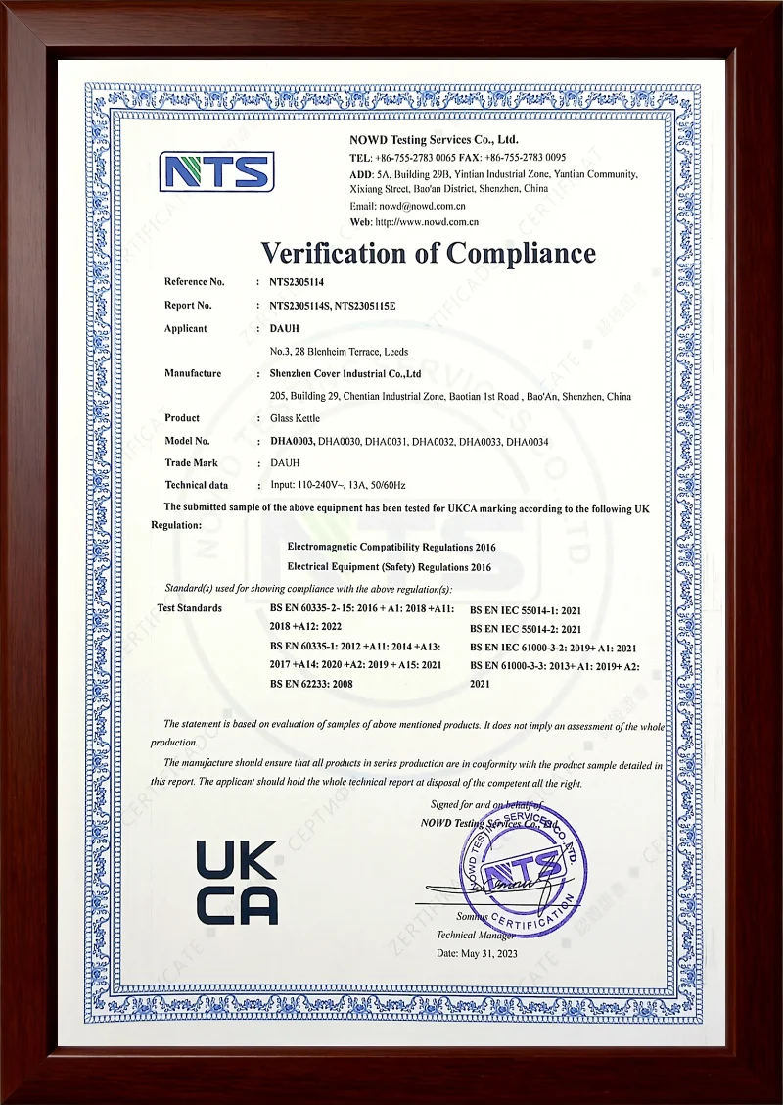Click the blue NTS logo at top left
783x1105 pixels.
pyautogui.click(x=216, y=171)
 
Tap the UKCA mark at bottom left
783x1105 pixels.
pyautogui.click(x=237, y=882)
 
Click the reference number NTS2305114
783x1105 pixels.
pyautogui.click(x=297, y=282)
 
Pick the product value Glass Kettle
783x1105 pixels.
pyautogui.click(x=297, y=418)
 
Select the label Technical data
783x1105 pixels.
pyautogui.click(x=197, y=485)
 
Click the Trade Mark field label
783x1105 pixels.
pyautogui.click(x=192, y=462)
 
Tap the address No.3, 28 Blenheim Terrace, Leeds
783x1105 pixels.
pyautogui.click(x=339, y=351)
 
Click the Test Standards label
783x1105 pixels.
pyautogui.click(x=190, y=608)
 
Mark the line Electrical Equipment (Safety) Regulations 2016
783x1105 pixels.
pyautogui.click(x=390, y=567)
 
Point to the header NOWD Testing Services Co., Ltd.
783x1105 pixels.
pyautogui.click(x=434, y=140)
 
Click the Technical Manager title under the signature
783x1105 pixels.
pyautogui.click(x=476, y=935)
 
